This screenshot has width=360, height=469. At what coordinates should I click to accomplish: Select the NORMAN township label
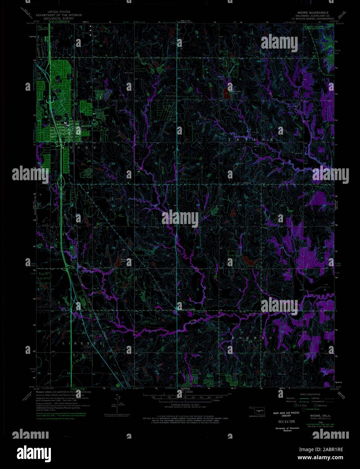(x=252, y=338)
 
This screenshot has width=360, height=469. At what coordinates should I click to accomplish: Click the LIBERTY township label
(x=83, y=343)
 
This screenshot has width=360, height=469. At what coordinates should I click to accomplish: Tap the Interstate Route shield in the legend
(x=304, y=409)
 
